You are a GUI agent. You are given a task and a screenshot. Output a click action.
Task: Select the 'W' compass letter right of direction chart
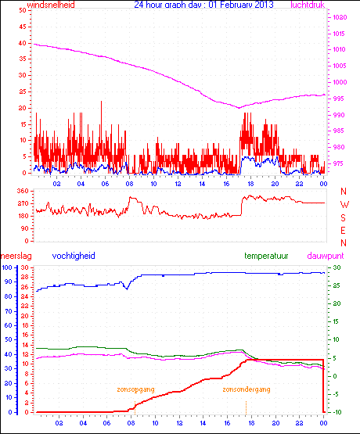pos(344,204)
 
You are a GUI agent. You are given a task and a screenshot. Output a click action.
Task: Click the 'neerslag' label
pos(15,256)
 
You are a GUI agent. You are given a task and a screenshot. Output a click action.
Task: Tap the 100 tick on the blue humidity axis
pos(6,268)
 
